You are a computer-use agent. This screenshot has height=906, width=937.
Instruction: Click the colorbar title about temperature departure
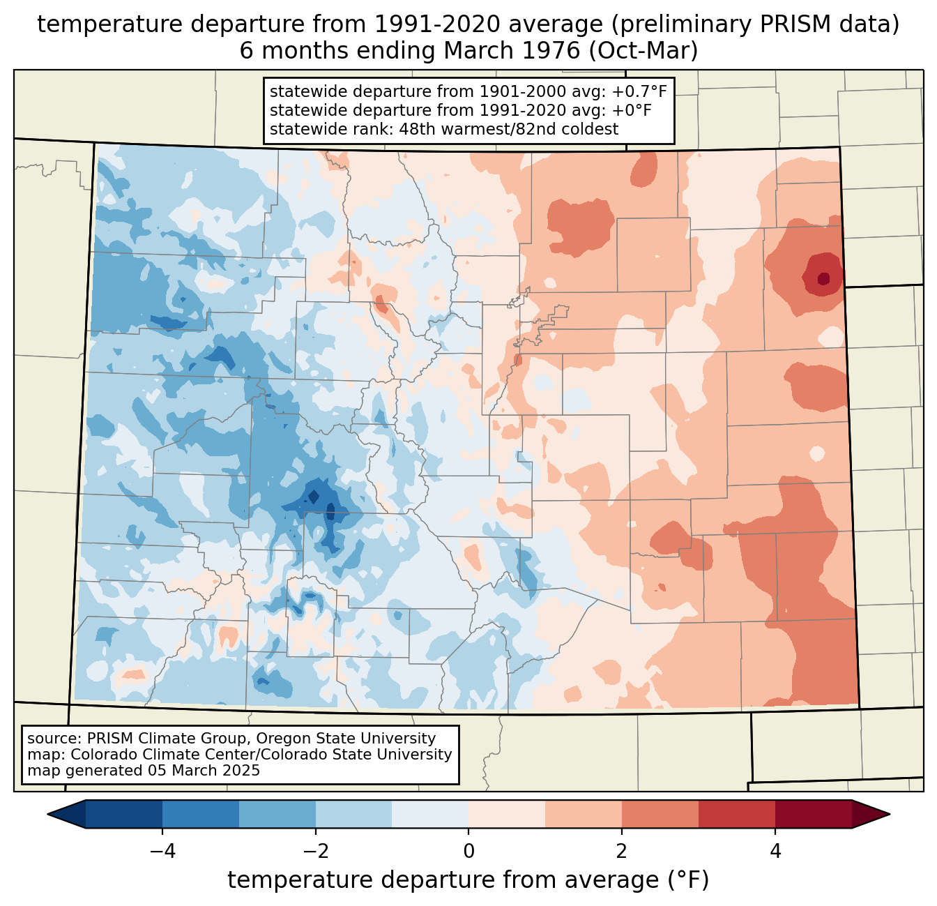pos(468,880)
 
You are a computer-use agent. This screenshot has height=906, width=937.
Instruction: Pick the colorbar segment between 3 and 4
pos(736,814)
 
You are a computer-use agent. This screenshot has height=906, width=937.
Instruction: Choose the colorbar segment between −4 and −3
pos(201,814)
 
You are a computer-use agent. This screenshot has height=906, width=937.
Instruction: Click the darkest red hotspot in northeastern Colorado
pos(823,279)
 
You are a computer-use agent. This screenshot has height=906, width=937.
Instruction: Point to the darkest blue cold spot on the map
pos(314,497)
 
